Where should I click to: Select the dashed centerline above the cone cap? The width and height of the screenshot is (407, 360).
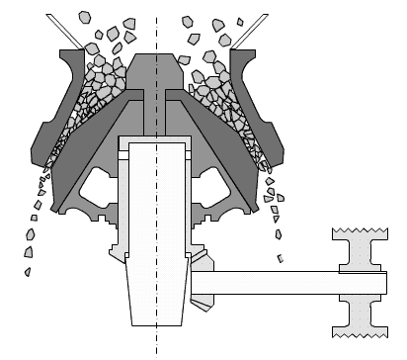(x=156, y=25)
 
